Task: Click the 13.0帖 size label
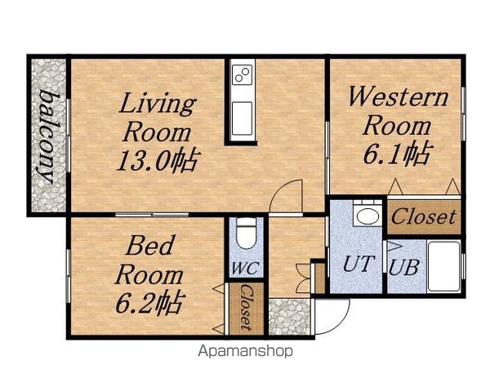coord(158,160)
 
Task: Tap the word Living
coord(158,104)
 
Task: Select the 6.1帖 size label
coord(397,153)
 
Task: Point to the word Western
coord(398,96)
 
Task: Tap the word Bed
coord(149,246)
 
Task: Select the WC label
coord(245,268)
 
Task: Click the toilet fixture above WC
coord(246,234)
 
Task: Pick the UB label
coord(403,268)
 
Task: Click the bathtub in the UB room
coord(443,266)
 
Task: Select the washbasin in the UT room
coord(367,216)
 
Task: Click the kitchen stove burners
coord(243,74)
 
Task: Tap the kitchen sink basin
coord(243,118)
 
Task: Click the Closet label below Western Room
coord(423,217)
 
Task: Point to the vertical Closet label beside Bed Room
coord(247,308)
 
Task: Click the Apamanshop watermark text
coord(245,351)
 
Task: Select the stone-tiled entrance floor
coord(289,317)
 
